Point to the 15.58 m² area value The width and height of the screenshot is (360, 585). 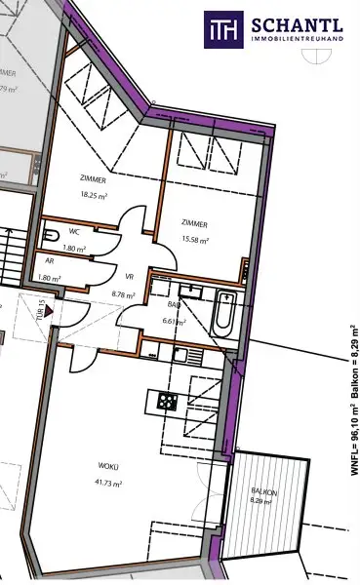click(x=195, y=238)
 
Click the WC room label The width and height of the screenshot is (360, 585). click(x=74, y=232)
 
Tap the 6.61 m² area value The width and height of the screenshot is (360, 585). click(x=174, y=320)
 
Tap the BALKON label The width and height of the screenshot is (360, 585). click(x=263, y=492)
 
